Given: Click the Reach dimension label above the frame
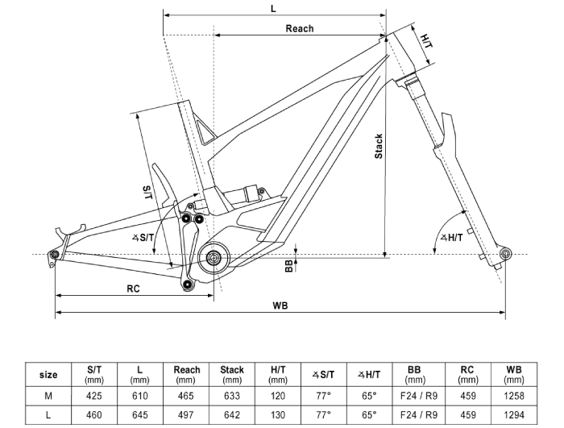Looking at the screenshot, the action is coord(300,28).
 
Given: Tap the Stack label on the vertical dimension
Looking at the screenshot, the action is coord(379,146).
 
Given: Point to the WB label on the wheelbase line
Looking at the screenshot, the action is coord(280,305).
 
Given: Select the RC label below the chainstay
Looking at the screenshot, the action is coord(133,289).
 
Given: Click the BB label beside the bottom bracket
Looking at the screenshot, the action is coord(289,266).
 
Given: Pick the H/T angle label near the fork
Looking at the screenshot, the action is coord(452,237).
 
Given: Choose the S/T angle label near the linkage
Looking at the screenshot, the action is coord(143,237).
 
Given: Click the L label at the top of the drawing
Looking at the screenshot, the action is coord(273,9).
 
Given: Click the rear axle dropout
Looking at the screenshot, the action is coord(55,255).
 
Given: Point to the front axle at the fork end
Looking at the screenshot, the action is coord(505,254).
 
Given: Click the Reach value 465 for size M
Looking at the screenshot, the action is coord(186,396).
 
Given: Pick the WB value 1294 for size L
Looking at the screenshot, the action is coord(514,415).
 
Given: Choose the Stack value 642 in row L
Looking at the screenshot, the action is coord(232,415).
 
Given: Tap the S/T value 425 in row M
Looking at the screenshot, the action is coord(94,396).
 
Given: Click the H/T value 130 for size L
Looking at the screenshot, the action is coord(278,415).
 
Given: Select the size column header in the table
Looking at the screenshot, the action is coord(48,375).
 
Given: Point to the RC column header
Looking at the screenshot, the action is coord(468,374).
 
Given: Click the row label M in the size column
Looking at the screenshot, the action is coord(48,396).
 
